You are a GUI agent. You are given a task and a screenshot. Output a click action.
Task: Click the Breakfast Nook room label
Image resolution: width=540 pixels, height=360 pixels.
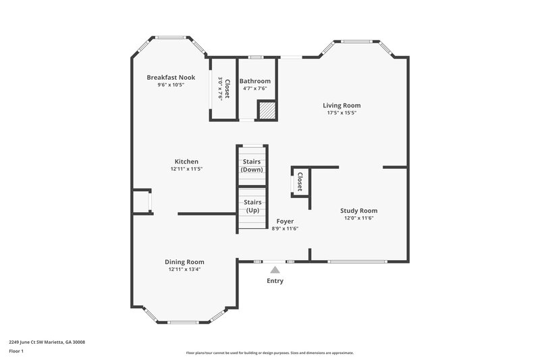click(171, 78)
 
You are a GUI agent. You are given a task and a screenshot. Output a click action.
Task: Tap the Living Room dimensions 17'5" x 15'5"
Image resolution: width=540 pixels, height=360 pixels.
click(341, 113)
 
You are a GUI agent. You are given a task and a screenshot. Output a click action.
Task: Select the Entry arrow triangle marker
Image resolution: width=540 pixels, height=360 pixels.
click(275, 269)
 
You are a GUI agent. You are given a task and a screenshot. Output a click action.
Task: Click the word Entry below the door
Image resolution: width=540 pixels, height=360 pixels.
click(275, 281)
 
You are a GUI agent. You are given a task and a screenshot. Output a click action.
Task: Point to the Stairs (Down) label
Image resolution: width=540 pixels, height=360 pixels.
click(252, 165)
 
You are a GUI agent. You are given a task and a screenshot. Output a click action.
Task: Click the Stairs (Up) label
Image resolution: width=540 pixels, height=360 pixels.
click(252, 206)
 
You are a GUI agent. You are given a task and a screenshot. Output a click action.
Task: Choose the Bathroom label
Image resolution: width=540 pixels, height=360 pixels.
click(254, 81)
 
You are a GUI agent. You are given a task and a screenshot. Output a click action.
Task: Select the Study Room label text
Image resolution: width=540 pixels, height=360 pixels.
click(358, 211)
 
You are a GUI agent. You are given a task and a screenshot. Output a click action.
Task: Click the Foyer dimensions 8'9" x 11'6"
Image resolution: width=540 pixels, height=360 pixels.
click(285, 228)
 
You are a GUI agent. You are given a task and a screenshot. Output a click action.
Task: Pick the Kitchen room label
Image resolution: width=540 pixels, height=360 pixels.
click(186, 161)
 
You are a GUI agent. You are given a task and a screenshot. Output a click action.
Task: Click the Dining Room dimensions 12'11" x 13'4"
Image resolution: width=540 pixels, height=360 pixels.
click(184, 269)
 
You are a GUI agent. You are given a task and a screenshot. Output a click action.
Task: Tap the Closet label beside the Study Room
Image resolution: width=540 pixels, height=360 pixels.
click(300, 181)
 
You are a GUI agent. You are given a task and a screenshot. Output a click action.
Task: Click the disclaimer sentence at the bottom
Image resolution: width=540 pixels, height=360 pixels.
click(269, 353)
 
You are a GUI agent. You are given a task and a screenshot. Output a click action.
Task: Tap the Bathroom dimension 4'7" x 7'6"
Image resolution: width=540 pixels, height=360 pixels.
click(254, 88)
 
